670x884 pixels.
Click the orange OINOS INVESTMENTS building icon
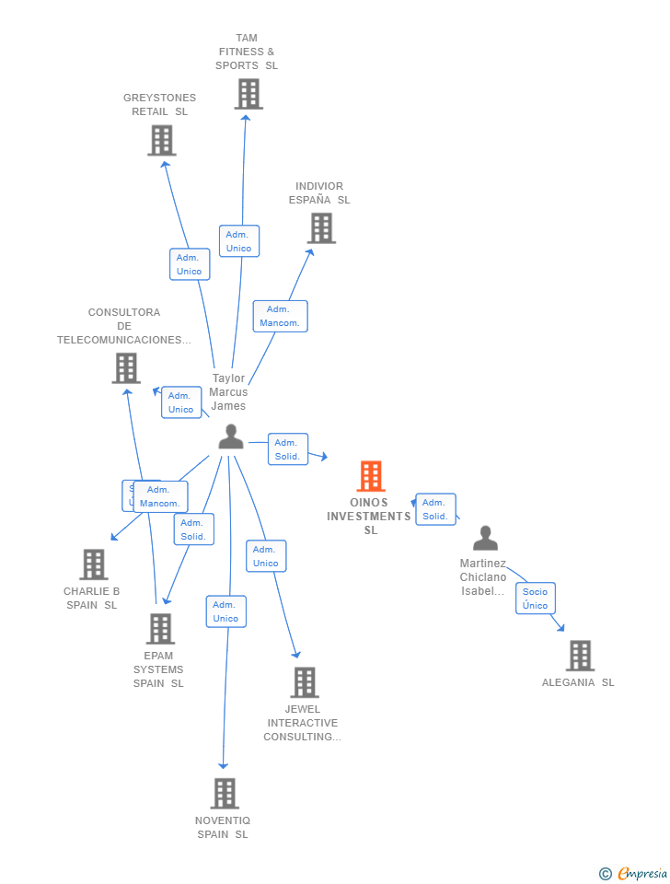(370, 476)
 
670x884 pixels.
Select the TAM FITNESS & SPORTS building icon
(248, 94)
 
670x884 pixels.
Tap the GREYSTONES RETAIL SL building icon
(161, 140)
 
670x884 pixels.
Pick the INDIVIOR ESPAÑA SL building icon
(320, 227)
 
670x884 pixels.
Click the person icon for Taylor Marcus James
(231, 436)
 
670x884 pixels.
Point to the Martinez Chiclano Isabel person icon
(485, 538)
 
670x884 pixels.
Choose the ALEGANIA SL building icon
(579, 656)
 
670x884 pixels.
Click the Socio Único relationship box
(535, 599)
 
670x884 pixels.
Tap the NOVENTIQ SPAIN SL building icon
(225, 793)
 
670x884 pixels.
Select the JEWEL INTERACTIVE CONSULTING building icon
(304, 682)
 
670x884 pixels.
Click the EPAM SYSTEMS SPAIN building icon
(160, 628)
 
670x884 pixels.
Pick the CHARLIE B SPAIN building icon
(93, 564)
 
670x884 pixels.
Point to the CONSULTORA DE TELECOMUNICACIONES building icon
(125, 367)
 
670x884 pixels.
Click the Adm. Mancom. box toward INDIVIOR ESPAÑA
(280, 316)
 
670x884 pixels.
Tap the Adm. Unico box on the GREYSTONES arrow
(189, 264)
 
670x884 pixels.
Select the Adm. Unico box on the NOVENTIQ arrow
(225, 611)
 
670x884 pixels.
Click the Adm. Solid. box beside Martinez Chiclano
(434, 509)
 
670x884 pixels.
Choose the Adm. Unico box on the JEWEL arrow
(265, 556)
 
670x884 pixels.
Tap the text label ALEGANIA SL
(578, 682)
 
